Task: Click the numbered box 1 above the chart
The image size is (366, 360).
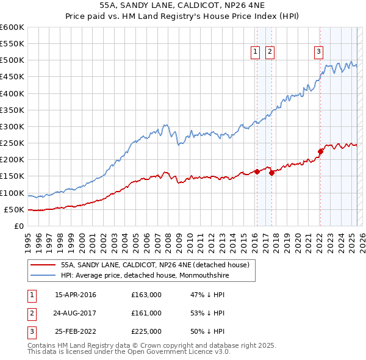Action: pyautogui.click(x=254, y=52)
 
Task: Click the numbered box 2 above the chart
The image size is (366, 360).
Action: pyautogui.click(x=270, y=52)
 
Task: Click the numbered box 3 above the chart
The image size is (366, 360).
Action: pyautogui.click(x=318, y=52)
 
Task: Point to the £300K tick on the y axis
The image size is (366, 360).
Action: pyautogui.click(x=12, y=126)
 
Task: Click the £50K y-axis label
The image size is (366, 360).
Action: pyautogui.click(x=14, y=209)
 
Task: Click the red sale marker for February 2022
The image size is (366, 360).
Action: pyautogui.click(x=320, y=151)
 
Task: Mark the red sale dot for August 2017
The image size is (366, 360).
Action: pyautogui.click(x=271, y=173)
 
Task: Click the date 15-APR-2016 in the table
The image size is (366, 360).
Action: pyautogui.click(x=75, y=295)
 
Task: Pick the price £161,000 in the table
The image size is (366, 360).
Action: pyautogui.click(x=146, y=313)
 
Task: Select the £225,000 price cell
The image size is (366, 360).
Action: pyautogui.click(x=146, y=331)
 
